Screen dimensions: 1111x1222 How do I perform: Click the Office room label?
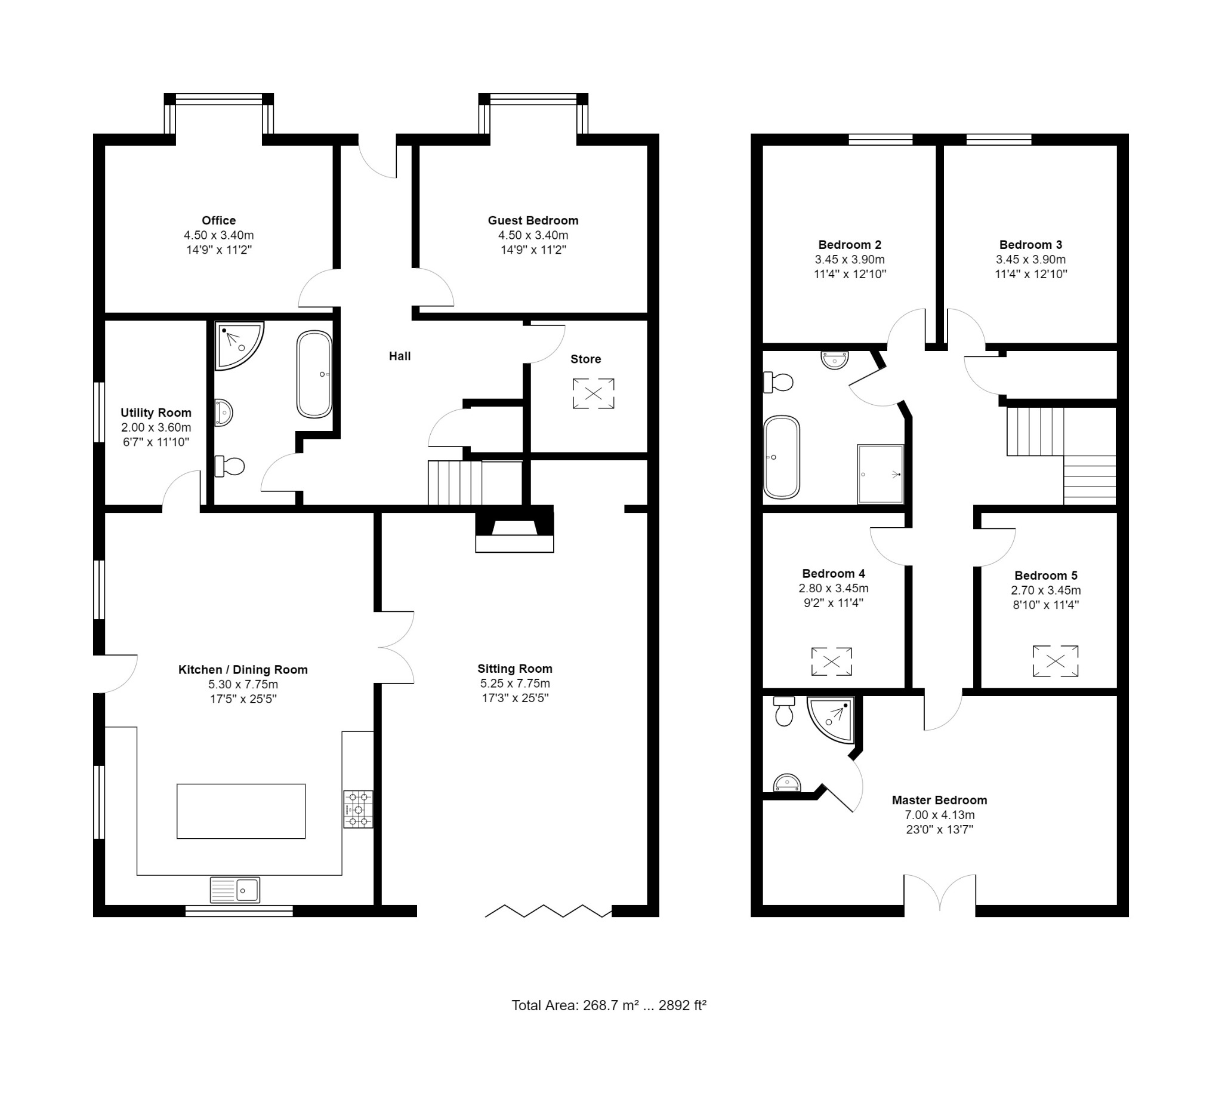pos(219,221)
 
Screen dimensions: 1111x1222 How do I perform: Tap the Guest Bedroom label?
pos(533,221)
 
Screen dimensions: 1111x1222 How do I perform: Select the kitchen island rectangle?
pos(240,811)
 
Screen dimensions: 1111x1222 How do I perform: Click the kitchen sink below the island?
pos(235,890)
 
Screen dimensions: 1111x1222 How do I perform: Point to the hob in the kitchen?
pos(358,809)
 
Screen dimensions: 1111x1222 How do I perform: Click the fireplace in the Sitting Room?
pos(514,531)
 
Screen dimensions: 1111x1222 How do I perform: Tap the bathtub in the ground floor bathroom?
pos(314,374)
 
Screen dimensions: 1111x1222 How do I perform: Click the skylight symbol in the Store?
pos(594,393)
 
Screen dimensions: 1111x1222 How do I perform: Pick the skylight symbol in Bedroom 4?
pos(832,661)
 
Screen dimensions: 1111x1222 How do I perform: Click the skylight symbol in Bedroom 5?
pos(1056,661)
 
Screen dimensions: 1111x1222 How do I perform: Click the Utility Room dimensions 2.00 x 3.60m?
pos(156,427)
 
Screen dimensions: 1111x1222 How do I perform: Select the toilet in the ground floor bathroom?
pos(230,466)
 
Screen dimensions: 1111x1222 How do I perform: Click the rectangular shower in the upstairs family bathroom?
pos(880,474)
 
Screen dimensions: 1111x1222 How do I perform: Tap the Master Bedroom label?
pos(939,801)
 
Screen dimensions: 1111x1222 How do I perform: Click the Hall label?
pos(399,356)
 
